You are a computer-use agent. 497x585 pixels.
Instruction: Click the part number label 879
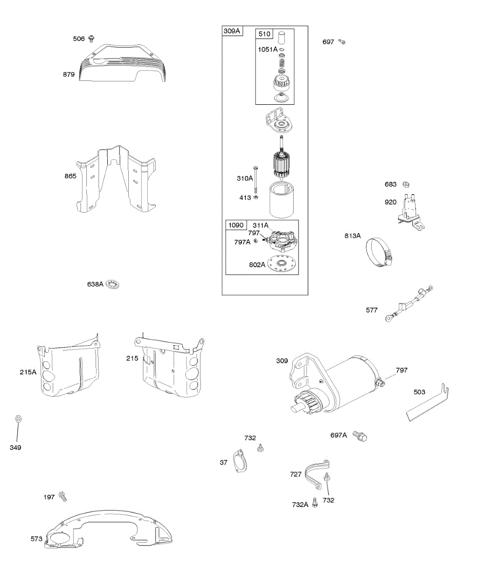click(x=69, y=75)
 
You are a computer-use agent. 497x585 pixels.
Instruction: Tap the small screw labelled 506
click(x=91, y=39)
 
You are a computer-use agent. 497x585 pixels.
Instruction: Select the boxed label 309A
click(x=232, y=31)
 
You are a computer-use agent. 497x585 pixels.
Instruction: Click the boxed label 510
click(x=264, y=34)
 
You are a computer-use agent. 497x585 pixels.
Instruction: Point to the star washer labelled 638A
click(x=113, y=284)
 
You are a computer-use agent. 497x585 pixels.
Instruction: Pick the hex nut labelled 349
click(x=19, y=419)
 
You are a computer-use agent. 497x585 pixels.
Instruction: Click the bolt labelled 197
click(x=62, y=496)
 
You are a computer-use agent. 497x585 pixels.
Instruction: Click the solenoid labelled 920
click(x=410, y=210)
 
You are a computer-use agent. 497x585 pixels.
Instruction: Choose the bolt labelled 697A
click(x=360, y=435)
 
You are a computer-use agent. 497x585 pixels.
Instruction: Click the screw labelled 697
click(x=342, y=42)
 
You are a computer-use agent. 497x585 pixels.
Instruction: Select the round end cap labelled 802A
click(x=282, y=264)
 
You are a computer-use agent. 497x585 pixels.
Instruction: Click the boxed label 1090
click(x=235, y=225)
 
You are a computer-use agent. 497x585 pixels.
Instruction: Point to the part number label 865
click(x=70, y=176)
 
